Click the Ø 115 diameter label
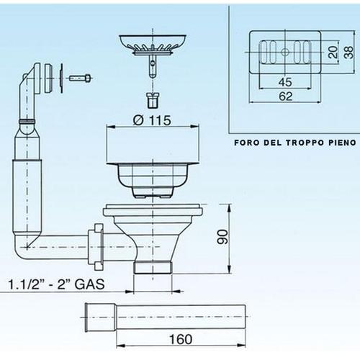click(152, 120)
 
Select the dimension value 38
click(348, 52)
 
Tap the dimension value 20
click(332, 52)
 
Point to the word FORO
click(247, 143)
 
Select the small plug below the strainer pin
click(152, 97)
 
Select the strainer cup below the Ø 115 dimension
click(152, 174)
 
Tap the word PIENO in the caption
click(336, 143)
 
